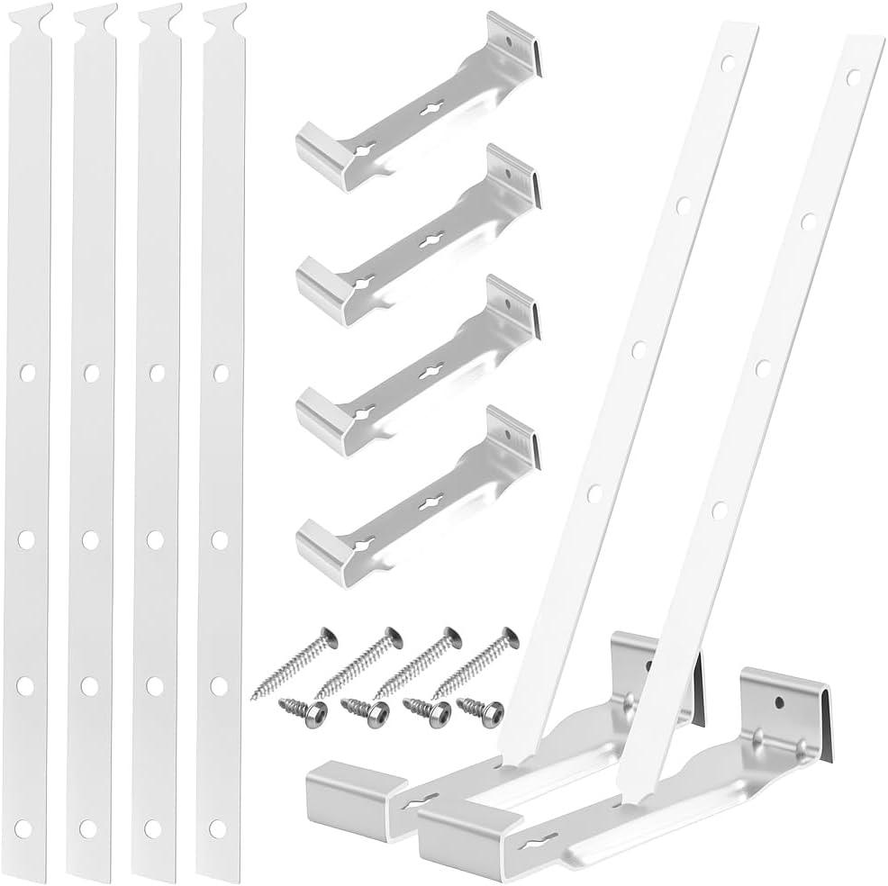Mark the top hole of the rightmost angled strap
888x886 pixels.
852,77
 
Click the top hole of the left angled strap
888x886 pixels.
727,63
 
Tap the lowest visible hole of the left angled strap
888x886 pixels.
594,493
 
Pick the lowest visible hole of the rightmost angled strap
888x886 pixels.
719,511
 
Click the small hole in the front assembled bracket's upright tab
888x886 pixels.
777,698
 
